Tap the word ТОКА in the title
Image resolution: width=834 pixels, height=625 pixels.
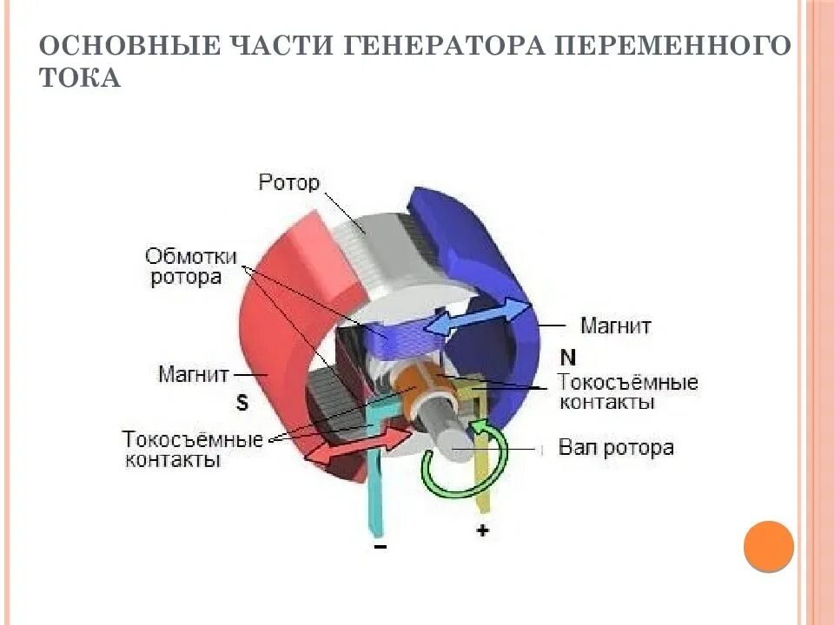point(79,77)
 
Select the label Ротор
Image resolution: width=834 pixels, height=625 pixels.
point(289,182)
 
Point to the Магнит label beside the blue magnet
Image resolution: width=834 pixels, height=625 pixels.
point(616,326)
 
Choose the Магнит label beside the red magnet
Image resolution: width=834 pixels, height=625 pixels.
point(194,374)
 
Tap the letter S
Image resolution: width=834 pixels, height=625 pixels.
point(242,402)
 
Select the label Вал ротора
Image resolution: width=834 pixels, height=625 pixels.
point(616,448)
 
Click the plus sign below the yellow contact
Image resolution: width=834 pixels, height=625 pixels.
point(482,530)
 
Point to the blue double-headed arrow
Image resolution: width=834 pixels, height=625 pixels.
point(480,317)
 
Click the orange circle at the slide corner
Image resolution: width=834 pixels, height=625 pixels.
point(769,545)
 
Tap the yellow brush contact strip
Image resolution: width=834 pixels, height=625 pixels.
point(483,460)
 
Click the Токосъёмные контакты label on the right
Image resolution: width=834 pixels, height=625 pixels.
point(627,392)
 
